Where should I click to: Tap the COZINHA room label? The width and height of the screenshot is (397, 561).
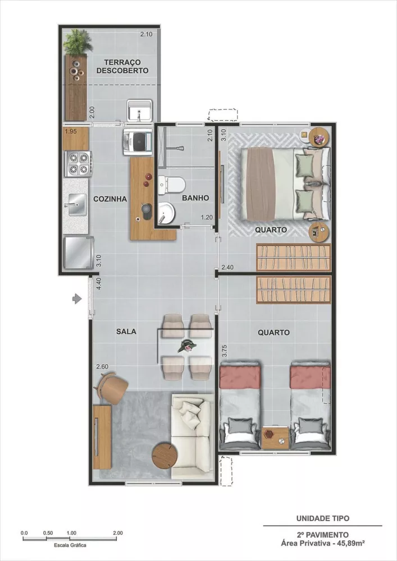pyautogui.click(x=110, y=199)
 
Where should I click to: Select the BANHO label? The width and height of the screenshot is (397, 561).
pyautogui.click(x=195, y=198)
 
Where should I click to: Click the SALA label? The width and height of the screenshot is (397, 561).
pyautogui.click(x=126, y=332)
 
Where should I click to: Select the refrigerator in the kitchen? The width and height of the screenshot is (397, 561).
pyautogui.click(x=77, y=252)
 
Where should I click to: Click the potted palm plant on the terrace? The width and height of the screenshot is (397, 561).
pyautogui.click(x=77, y=43)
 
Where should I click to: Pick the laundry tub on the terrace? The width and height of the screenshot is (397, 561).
pyautogui.click(x=138, y=111)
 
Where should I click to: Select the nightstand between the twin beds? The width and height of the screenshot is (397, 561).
pyautogui.click(x=275, y=437)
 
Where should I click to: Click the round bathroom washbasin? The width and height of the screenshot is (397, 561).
pyautogui.click(x=166, y=211)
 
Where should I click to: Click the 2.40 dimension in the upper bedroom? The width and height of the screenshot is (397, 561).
pyautogui.click(x=227, y=268)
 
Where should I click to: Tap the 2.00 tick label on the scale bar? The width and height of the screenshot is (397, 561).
pyautogui.click(x=118, y=532)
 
